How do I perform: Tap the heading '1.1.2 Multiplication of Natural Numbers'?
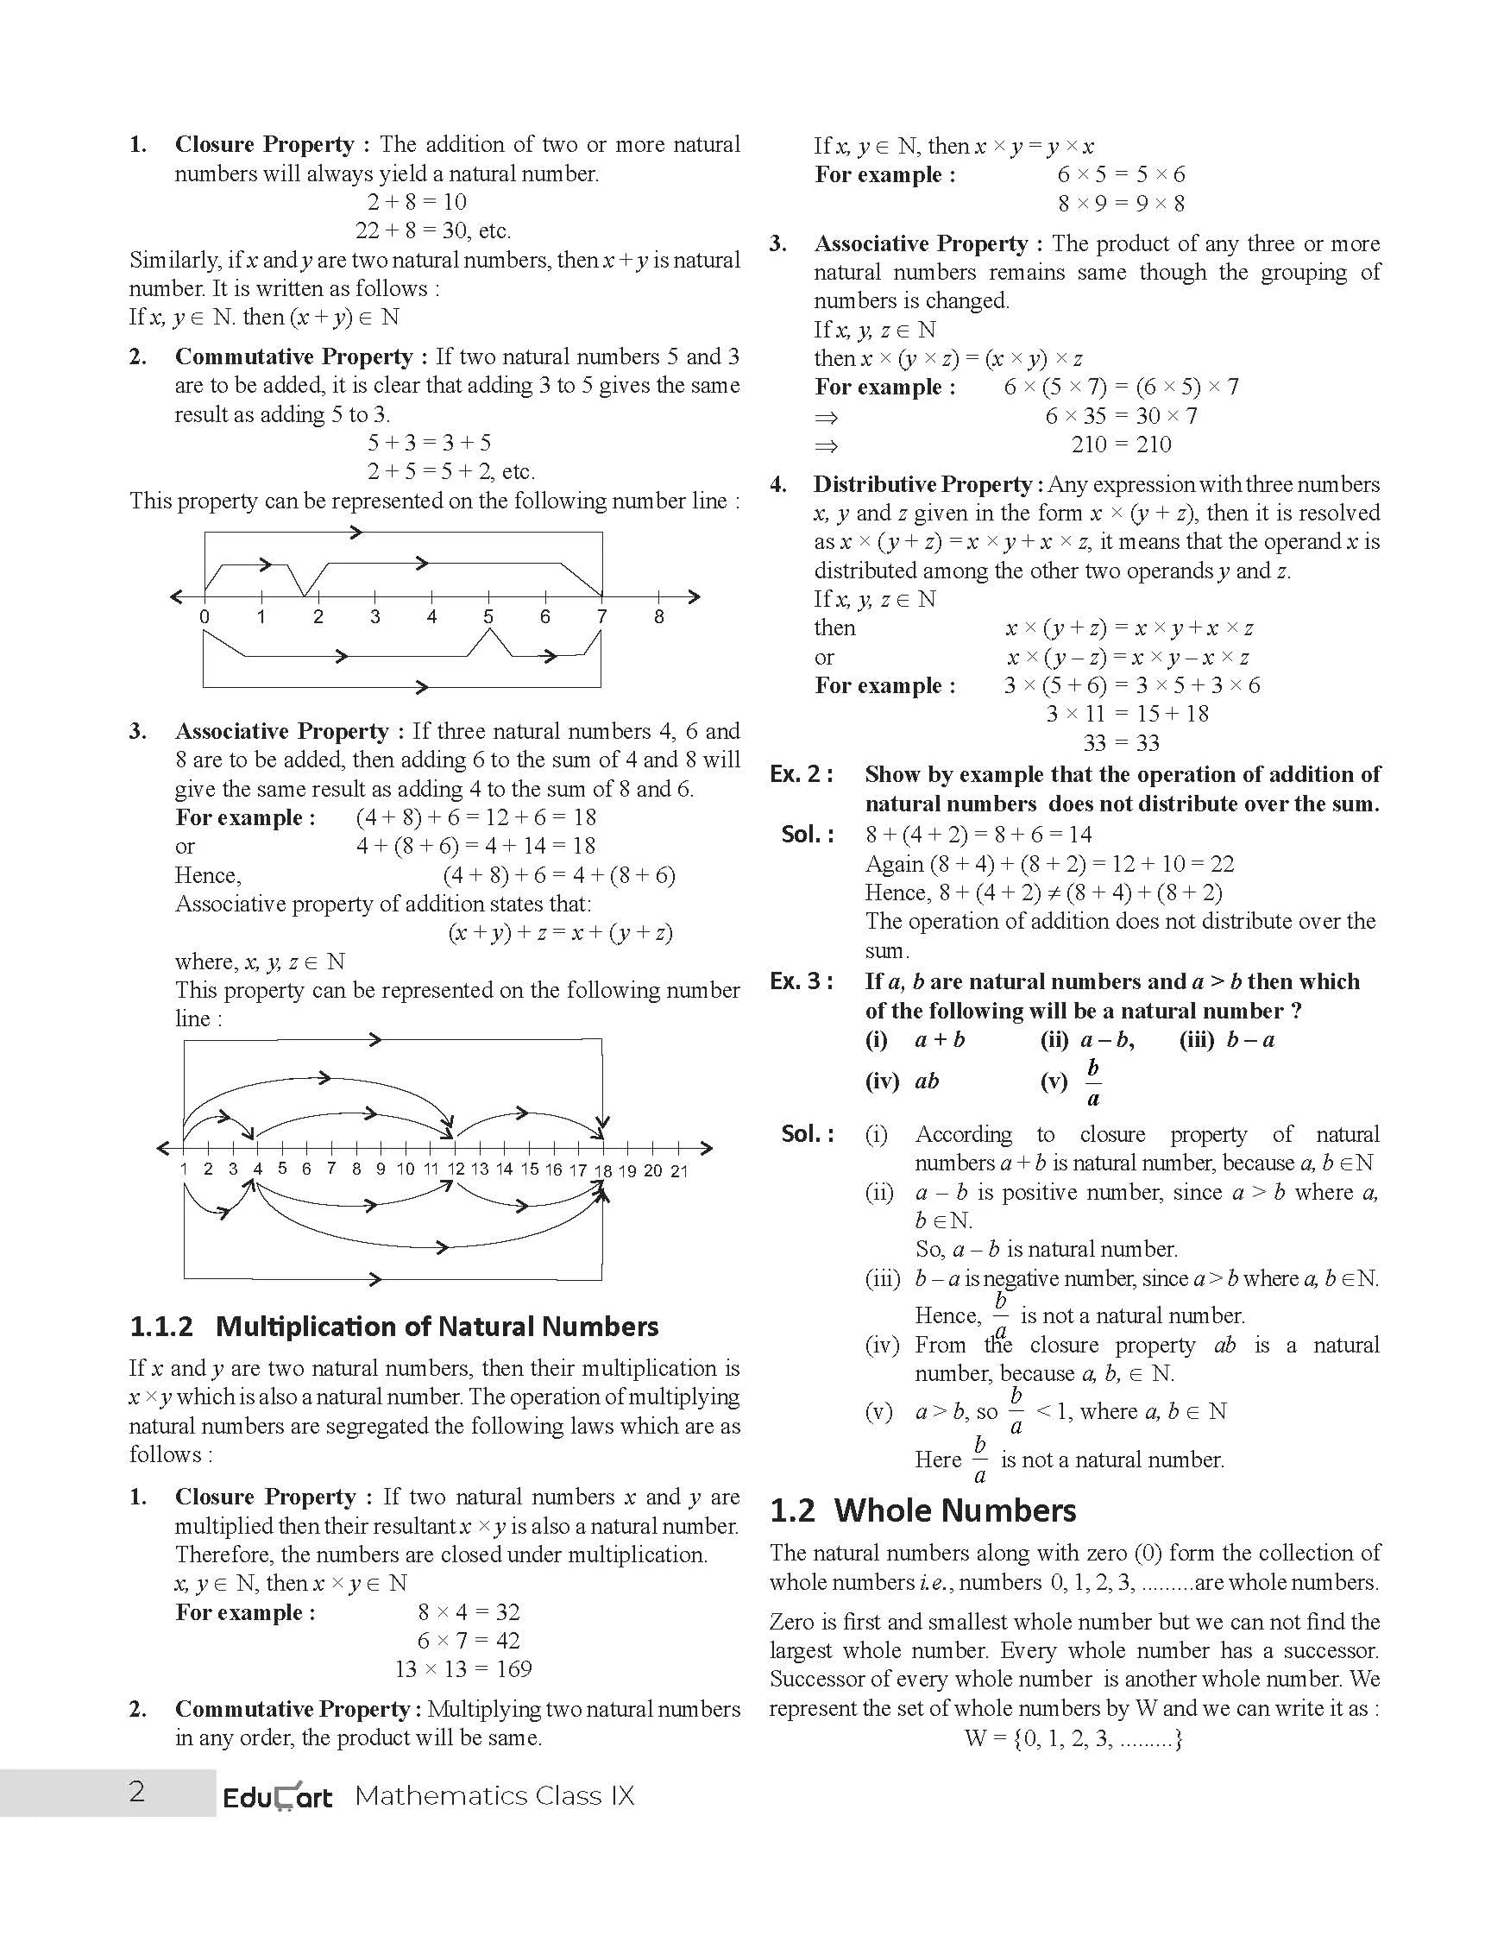point(393,1327)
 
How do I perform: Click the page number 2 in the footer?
point(137,1791)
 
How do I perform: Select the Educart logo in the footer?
point(277,1796)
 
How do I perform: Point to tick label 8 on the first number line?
point(658,617)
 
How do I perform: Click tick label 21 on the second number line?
point(679,1171)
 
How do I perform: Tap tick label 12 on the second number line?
point(456,1170)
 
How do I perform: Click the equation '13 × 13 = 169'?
point(463,1669)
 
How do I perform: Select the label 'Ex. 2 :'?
point(802,774)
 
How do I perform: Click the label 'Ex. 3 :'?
point(802,981)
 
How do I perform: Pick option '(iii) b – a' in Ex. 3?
point(1226,1040)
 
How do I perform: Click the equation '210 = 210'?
point(1122,445)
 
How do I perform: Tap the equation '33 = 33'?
point(1121,742)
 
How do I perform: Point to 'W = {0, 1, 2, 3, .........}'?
point(1073,1738)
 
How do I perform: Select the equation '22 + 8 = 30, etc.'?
point(433,231)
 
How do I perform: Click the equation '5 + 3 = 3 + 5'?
point(429,443)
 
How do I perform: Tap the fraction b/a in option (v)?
point(1093,1082)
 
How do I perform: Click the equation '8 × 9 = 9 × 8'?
point(1121,204)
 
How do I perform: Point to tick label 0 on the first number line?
point(204,617)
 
